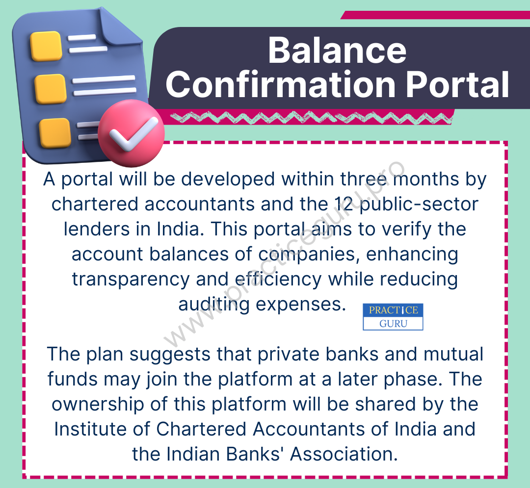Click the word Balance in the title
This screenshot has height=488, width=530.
pos(337,51)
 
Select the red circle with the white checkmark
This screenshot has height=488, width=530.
pos(131,133)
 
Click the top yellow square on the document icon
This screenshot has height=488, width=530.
pos(46,46)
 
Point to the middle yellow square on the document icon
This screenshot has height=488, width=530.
pos(51,89)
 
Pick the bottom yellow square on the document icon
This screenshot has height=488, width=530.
pos(55,133)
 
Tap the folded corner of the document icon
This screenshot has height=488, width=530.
pos(120,29)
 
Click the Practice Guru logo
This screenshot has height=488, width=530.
pos(393,317)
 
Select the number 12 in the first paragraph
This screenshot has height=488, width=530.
pos(344,204)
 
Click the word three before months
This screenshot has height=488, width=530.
pos(363,179)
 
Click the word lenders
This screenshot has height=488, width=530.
pos(97,229)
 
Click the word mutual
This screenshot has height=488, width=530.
pos(453,354)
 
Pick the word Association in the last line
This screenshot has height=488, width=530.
pos(344,454)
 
